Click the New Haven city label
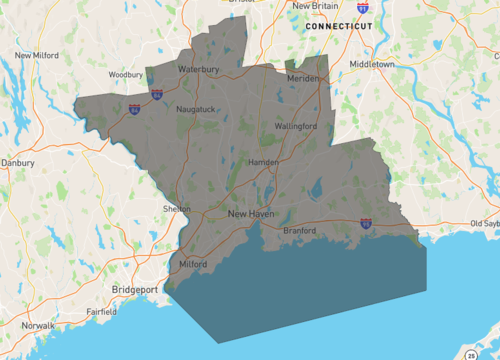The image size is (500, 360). (250, 214)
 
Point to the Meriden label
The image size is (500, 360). (302, 78)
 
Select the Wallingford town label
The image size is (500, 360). (296, 127)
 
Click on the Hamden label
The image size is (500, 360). (262, 161)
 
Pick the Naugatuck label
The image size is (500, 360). (195, 108)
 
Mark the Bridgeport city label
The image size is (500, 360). (135, 289)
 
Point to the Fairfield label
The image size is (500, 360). (101, 312)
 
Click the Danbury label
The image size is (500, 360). (18, 161)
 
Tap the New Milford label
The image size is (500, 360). (39, 56)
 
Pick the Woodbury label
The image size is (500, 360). (127, 74)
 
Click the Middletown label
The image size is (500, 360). (372, 64)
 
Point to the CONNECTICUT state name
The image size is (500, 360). (339, 25)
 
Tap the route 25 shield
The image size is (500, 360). (471, 354)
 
